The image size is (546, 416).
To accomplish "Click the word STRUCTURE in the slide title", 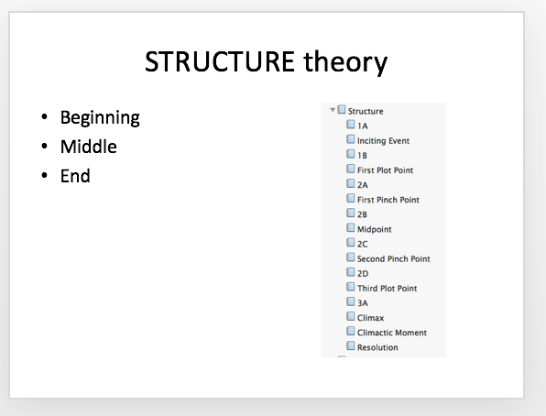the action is [x=220, y=61].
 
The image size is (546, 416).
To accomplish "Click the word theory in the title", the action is [x=345, y=62].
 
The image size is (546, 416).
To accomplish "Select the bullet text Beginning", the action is [x=100, y=118].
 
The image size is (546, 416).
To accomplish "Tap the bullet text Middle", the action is [x=89, y=147].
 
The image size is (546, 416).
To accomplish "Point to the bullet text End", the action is [x=75, y=176].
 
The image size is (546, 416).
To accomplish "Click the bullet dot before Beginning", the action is [x=44, y=116].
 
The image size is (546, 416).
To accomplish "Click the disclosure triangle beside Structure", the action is [x=333, y=110].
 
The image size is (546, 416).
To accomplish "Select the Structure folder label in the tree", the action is [x=366, y=111].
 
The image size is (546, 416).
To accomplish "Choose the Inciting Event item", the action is [x=383, y=141].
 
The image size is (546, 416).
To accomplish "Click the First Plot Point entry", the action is [x=385, y=170].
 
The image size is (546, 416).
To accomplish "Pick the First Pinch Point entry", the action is [x=388, y=200].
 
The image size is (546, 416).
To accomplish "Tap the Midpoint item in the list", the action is [x=375, y=229].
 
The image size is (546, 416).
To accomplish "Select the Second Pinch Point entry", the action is [x=394, y=258].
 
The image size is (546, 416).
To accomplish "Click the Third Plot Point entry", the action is [x=387, y=288].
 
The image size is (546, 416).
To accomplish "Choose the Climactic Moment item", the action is [x=392, y=333].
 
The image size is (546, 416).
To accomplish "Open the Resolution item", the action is [x=377, y=347].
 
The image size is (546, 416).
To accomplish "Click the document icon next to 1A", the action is [x=351, y=125].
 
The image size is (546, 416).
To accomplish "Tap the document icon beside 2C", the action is [x=351, y=243].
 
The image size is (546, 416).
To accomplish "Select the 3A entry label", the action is [x=363, y=303].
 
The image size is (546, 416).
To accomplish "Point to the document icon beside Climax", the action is [x=351, y=316].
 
